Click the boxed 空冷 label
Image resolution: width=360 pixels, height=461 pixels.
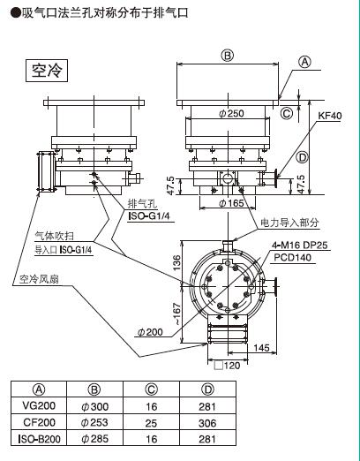point(47,71)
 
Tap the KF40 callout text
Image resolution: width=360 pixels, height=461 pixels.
point(330,116)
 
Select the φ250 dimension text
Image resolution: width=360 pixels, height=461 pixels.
point(231,113)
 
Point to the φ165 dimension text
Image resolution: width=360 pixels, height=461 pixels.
point(231,203)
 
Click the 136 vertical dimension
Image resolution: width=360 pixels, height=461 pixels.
point(176,263)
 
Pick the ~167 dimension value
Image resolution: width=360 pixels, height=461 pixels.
point(176,314)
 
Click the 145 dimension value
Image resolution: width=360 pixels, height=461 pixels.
point(261,348)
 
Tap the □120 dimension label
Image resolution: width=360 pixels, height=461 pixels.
point(227,366)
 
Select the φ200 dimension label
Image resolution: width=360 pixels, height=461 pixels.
point(150,332)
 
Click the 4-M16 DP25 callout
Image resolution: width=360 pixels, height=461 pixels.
point(300,245)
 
